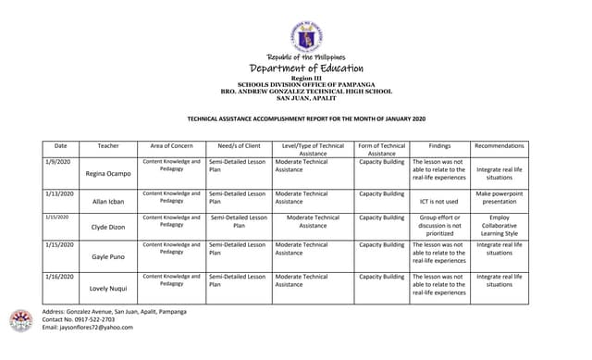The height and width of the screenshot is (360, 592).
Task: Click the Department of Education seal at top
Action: [306, 38]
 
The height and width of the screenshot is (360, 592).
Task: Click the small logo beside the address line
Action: [20, 320]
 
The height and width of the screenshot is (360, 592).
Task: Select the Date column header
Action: [61, 146]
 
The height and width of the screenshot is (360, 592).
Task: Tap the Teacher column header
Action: [108, 146]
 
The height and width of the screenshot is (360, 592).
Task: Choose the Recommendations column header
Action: [499, 146]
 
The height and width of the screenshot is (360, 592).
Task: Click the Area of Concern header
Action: [171, 146]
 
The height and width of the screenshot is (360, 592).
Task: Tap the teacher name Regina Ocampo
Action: [108, 174]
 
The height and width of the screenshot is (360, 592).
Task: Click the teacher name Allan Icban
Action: [108, 202]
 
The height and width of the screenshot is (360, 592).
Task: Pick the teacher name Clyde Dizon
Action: [108, 227]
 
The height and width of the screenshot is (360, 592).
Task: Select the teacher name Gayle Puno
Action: [108, 257]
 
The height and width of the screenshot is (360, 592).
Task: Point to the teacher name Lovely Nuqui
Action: [108, 289]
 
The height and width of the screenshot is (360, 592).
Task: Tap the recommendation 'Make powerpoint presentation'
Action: [499, 198]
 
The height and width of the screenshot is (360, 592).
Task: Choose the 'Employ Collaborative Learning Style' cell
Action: [499, 226]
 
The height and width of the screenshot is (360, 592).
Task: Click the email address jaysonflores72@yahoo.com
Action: [88, 328]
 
